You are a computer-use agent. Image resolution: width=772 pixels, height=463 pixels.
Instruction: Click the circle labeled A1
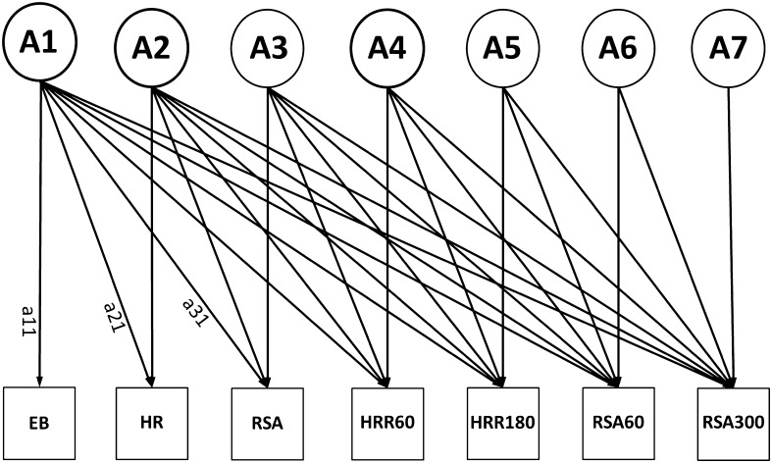tap(40, 45)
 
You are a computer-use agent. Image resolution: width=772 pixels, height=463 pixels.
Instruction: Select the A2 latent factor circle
tap(152, 49)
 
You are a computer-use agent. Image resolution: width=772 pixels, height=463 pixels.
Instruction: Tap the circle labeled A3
tap(268, 49)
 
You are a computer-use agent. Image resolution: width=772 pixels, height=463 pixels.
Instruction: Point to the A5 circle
tap(503, 49)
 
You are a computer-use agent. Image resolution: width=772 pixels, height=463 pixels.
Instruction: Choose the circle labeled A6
tap(618, 49)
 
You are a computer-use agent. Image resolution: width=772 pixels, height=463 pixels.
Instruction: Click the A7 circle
tap(728, 49)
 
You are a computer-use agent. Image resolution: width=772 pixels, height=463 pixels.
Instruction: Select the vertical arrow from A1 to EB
tap(40, 196)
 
